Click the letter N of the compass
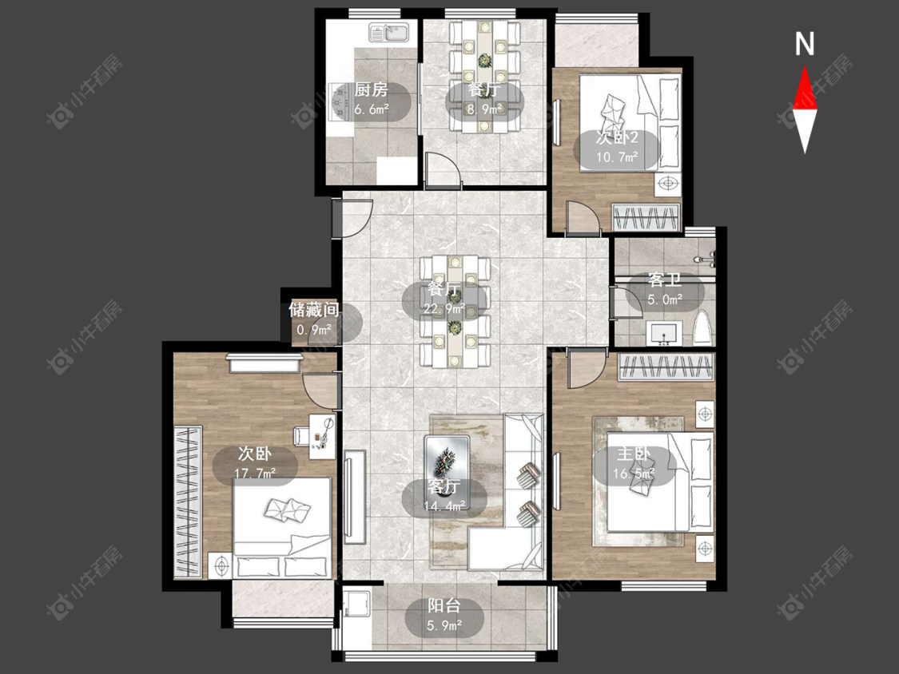tap(805, 44)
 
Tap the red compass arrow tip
tap(805, 66)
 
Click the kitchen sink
tap(388, 33)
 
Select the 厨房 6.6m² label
tap(371, 99)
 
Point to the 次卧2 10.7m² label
tap(617, 147)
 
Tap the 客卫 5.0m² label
tap(665, 289)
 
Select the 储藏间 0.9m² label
tap(314, 319)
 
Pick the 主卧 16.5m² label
tap(634, 464)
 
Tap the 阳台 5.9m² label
tap(444, 614)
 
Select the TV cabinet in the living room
tap(355, 497)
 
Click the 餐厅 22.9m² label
tap(444, 299)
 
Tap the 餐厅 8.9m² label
tap(484, 98)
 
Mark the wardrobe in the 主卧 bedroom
tap(666, 367)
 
